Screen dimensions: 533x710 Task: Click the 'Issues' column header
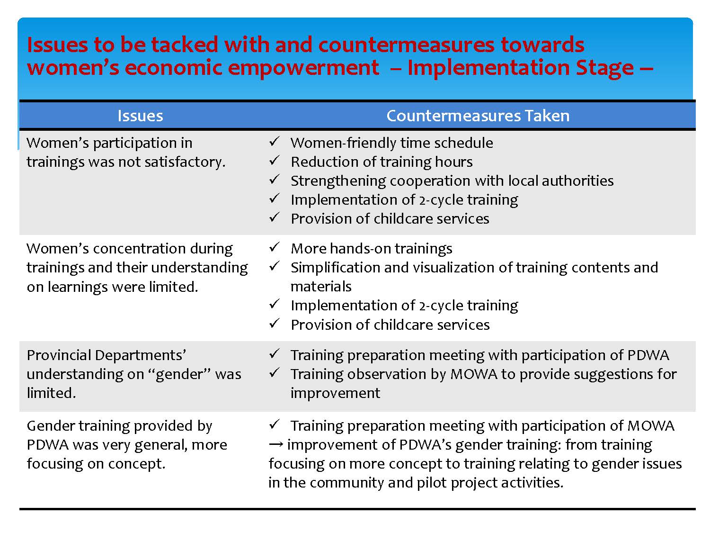pos(140,116)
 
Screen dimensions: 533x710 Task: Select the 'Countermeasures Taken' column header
pos(478,116)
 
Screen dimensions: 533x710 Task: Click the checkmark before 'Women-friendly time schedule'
pos(275,142)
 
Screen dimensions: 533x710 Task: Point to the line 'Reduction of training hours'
pos(382,162)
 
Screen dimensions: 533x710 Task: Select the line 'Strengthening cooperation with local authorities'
pos(452,181)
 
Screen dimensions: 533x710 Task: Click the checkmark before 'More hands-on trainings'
pos(275,247)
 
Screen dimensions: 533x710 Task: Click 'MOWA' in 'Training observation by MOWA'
pos(474,374)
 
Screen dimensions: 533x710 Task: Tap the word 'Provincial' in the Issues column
pos(59,355)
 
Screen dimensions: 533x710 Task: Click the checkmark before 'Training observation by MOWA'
pos(275,373)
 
